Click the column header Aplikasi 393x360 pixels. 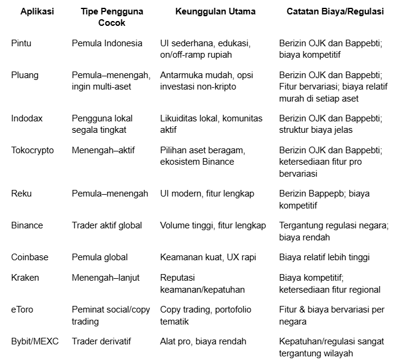coord(37,11)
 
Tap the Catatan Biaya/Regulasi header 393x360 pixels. coord(335,11)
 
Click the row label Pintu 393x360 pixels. coord(22,44)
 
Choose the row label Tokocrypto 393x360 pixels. coord(32,150)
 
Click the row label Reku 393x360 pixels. coord(22,194)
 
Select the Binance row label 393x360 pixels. coord(27,225)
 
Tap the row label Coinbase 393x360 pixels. coord(30,257)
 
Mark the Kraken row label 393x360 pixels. coord(25,278)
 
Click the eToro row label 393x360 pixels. coord(22,310)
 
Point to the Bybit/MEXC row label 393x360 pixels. coord(35,341)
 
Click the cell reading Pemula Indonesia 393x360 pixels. coord(107,44)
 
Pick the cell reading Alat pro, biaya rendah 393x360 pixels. coord(203,341)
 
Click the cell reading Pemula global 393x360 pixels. coord(100,257)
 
